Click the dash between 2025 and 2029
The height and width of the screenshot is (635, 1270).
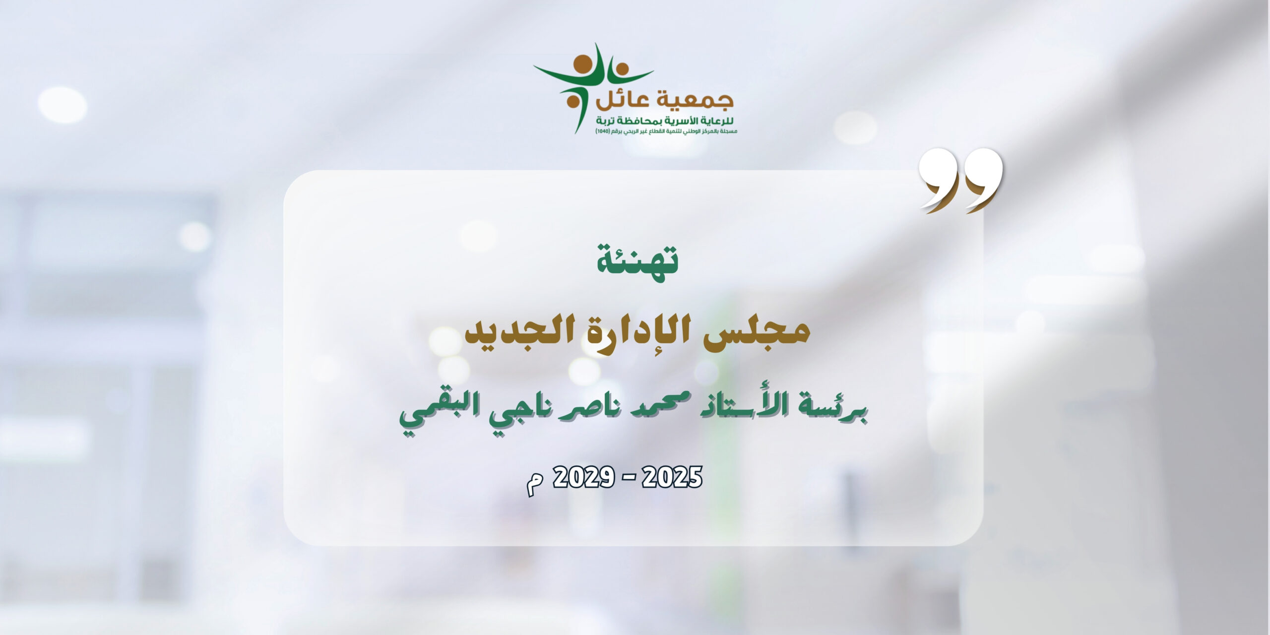pyautogui.click(x=627, y=479)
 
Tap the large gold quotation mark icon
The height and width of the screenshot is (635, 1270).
pyautogui.click(x=960, y=181)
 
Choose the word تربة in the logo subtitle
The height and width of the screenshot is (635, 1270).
pyautogui.click(x=608, y=121)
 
